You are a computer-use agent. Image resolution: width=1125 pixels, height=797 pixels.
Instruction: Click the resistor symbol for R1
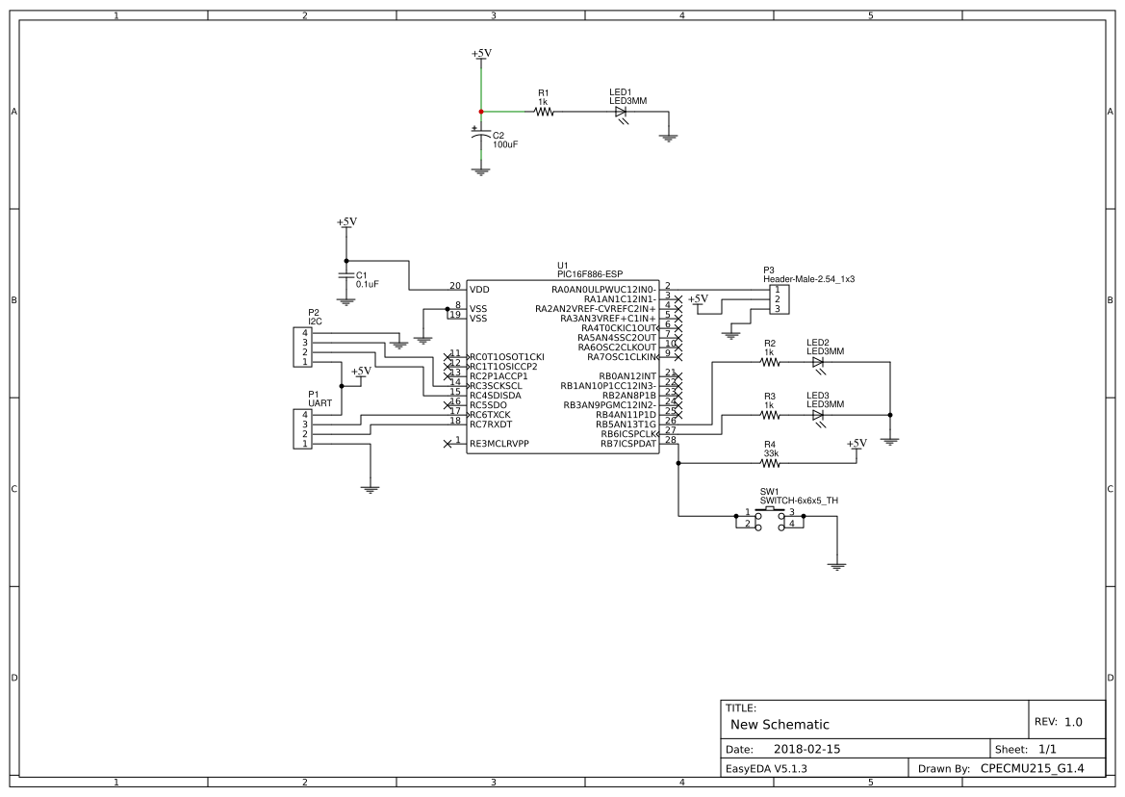[544, 112]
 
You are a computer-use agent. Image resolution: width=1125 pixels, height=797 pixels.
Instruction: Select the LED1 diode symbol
[621, 112]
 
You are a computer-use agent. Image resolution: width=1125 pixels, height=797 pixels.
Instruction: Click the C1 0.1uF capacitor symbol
[346, 276]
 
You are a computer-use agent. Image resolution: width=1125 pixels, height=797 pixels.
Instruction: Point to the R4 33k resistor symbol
[770, 463]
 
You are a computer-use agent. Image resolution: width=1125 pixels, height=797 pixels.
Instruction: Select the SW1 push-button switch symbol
[775, 519]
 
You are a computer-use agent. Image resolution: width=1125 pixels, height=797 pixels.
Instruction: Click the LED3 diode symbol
[818, 415]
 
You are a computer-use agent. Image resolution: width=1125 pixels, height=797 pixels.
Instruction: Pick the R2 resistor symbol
[770, 362]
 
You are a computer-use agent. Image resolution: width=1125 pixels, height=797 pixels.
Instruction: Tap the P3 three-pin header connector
[778, 298]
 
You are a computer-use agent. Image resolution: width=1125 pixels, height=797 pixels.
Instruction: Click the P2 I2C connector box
[301, 347]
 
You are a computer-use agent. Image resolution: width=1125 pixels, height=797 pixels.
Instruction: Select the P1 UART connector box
[301, 428]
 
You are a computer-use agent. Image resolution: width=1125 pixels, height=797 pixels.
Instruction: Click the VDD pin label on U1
[478, 289]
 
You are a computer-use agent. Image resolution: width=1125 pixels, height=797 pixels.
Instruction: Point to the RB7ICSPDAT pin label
[627, 444]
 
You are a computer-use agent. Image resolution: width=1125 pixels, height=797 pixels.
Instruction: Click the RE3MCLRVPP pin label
[499, 444]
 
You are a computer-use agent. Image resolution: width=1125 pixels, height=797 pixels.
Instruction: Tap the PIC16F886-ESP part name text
[590, 274]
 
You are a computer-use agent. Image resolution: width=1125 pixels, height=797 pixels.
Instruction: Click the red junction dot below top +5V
[480, 112]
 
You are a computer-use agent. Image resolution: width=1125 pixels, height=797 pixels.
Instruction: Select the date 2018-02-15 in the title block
[806, 748]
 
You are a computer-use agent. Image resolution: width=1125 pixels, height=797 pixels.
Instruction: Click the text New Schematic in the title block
[780, 724]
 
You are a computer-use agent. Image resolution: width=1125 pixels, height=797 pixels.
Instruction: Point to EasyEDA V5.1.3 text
[766, 769]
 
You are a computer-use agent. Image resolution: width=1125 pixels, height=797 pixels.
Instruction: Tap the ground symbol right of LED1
[669, 138]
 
